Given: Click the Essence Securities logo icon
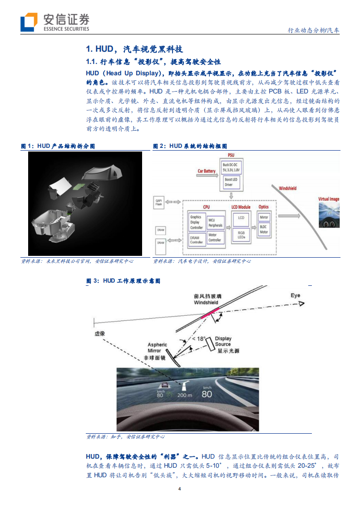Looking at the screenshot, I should [29, 22].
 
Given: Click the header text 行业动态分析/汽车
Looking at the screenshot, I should [314, 30].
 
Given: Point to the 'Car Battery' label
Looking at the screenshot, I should [207, 171].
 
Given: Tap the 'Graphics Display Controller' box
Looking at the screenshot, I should [196, 222].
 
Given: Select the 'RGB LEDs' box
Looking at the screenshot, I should [241, 234].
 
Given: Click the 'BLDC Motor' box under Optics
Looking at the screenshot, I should [264, 230].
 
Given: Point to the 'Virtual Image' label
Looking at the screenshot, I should [329, 199].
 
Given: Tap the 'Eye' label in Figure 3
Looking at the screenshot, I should [295, 296].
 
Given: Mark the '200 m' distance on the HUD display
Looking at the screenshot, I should [185, 395].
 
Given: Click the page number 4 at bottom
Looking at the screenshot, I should [180, 489].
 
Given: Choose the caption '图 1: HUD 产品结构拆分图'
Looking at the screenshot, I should [58, 146].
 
